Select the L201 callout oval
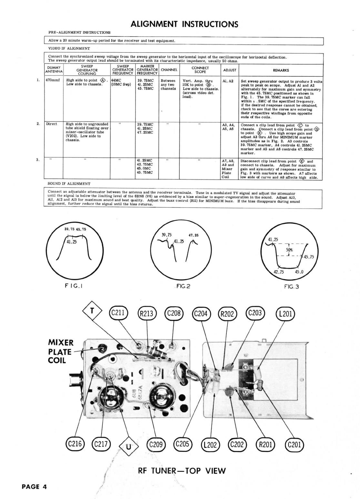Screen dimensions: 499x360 (x=285, y=314)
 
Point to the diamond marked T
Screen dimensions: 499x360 (x=92, y=311)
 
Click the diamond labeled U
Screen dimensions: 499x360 (x=128, y=447)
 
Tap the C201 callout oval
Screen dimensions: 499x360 (x=294, y=445)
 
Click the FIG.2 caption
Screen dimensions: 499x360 (x=183, y=286)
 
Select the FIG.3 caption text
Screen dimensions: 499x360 (x=292, y=286)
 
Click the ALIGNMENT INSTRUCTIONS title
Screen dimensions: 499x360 (x=184, y=24)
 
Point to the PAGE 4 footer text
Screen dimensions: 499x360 (x=34, y=487)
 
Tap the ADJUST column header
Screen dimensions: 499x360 (x=230, y=70)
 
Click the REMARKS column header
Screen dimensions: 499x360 (x=281, y=70)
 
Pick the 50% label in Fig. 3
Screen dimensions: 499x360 (x=289, y=249)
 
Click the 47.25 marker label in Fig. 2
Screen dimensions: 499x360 (x=193, y=235)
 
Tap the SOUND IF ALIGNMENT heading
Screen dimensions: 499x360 (x=69, y=184)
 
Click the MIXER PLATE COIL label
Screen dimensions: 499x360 (x=61, y=351)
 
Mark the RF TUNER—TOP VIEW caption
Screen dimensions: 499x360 (x=182, y=471)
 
